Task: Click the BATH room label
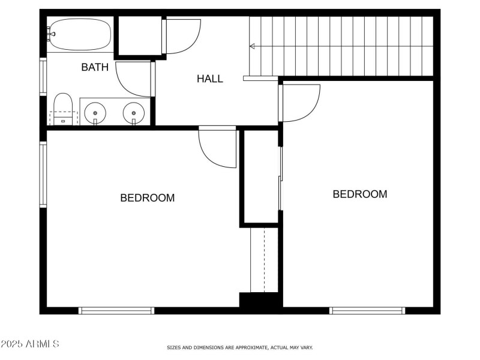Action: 95,67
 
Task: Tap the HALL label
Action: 210,79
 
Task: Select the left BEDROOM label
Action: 148,197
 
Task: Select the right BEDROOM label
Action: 360,194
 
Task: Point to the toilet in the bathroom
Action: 62,110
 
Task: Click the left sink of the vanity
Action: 95,112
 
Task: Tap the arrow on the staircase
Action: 253,46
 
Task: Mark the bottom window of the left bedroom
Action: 116,310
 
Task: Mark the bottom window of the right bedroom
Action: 367,310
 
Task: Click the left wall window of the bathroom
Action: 43,76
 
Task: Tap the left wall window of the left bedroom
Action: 43,174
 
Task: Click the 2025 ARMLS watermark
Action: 30,344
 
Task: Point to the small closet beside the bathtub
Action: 139,37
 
